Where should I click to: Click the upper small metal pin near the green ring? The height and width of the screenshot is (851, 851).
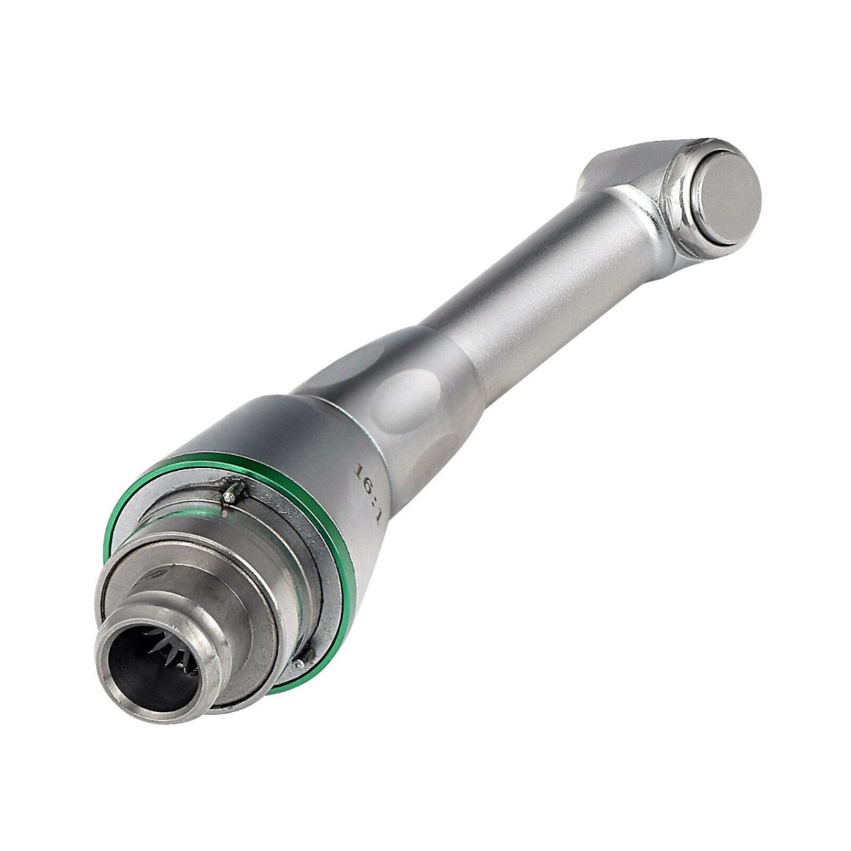click(x=230, y=495)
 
